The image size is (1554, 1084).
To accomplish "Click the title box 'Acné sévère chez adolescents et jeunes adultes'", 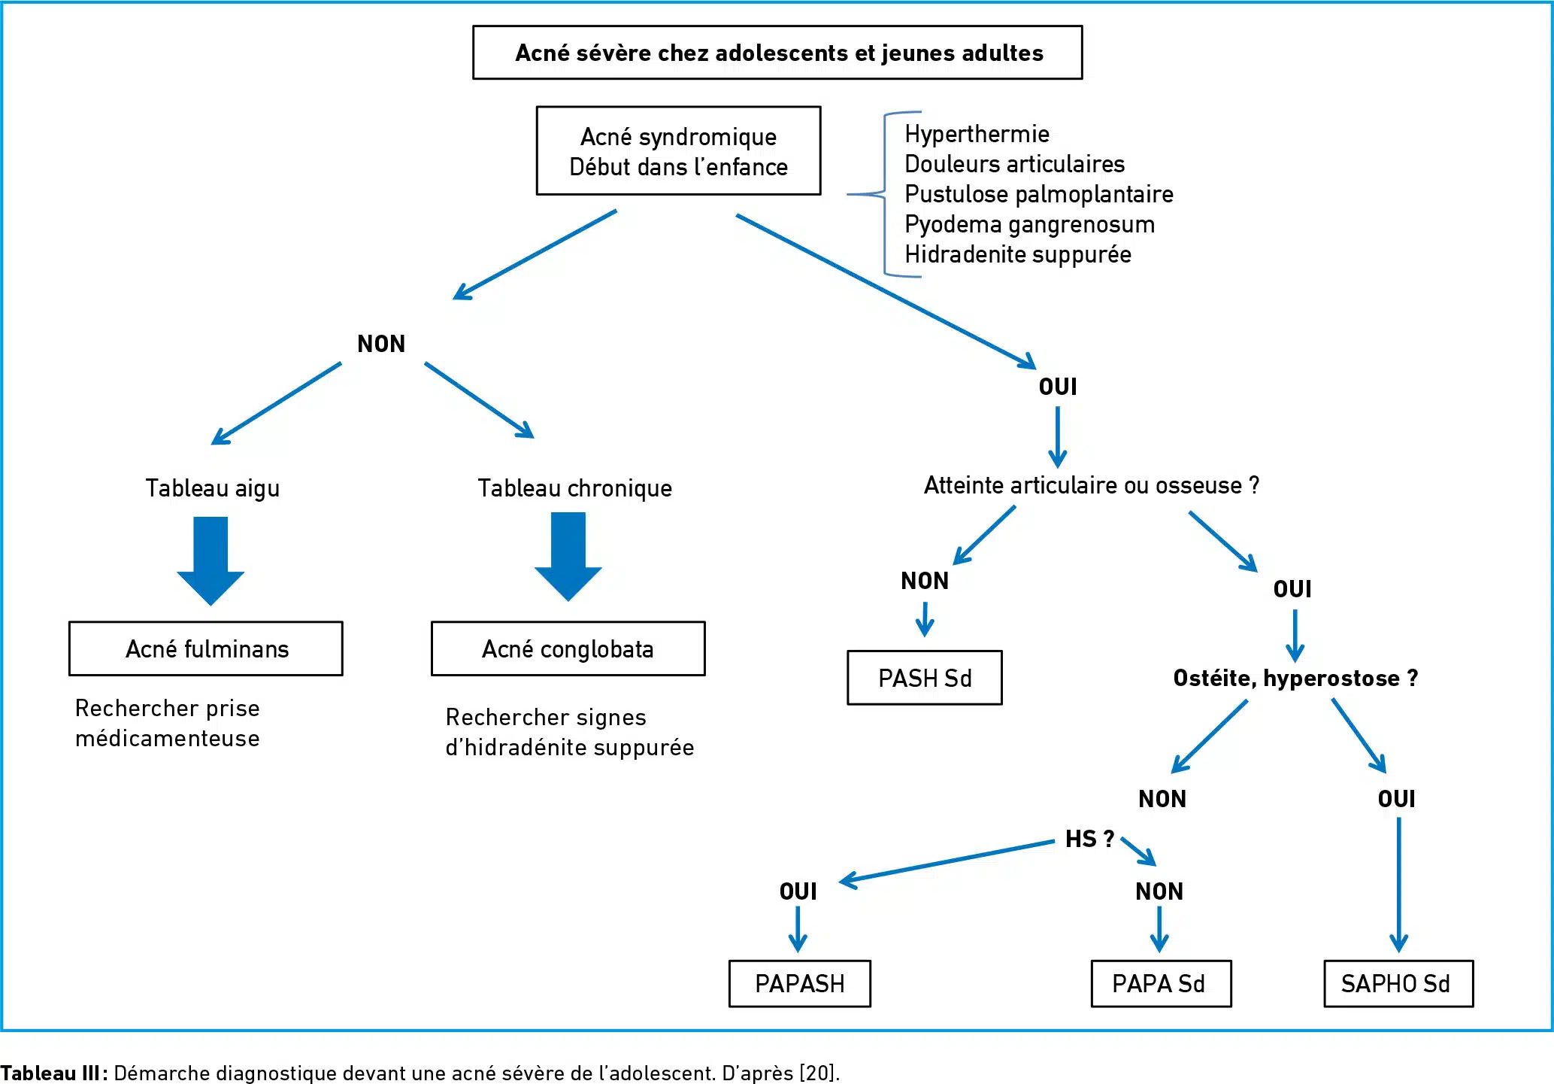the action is click(777, 53).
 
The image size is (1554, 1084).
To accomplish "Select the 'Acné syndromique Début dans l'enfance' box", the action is click(678, 150).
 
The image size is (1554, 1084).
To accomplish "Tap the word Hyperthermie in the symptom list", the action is click(977, 134).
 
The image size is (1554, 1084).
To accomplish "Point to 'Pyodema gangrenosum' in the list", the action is click(1029, 224).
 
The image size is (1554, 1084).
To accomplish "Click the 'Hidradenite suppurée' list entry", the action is click(1018, 254).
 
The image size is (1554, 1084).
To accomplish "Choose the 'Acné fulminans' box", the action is click(206, 648).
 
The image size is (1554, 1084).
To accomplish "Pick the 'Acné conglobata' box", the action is click(568, 648).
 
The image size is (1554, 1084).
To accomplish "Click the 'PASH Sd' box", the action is click(925, 678).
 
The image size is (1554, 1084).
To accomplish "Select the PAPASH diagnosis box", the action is click(800, 983).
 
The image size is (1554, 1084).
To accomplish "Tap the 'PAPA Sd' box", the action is click(1161, 983).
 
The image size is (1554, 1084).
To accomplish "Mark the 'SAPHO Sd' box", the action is click(1398, 983).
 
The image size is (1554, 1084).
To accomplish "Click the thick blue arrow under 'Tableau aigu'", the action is click(211, 560).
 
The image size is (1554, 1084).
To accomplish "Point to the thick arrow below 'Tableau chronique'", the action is click(568, 557).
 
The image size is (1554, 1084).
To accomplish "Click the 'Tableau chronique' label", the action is click(575, 488).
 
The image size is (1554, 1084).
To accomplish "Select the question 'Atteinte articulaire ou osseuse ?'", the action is click(1092, 485).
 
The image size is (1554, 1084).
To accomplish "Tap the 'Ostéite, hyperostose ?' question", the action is click(1295, 678).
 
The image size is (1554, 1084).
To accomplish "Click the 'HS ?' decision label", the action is click(1089, 839).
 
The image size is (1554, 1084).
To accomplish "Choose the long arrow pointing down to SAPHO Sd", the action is click(1398, 885).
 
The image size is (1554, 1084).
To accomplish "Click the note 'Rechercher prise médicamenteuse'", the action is click(168, 723).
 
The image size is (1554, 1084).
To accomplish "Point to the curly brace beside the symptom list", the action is click(885, 194).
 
